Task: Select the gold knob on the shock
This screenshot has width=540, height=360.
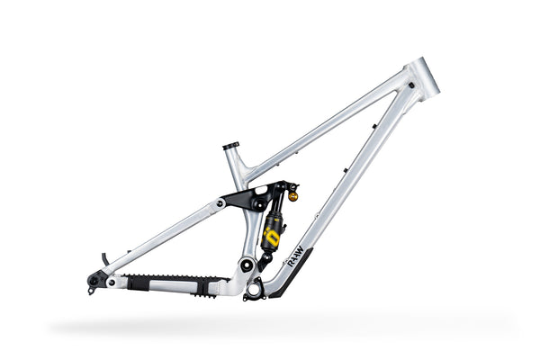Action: point(292,193)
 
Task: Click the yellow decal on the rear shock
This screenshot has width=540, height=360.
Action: point(270,237)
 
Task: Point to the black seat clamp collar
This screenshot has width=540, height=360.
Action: point(231,145)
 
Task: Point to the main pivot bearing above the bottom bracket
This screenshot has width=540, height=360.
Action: point(245,265)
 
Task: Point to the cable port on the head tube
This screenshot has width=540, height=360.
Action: point(411,85)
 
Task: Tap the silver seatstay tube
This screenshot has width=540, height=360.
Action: point(162,238)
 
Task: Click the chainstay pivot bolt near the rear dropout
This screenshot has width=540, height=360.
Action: point(112,282)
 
